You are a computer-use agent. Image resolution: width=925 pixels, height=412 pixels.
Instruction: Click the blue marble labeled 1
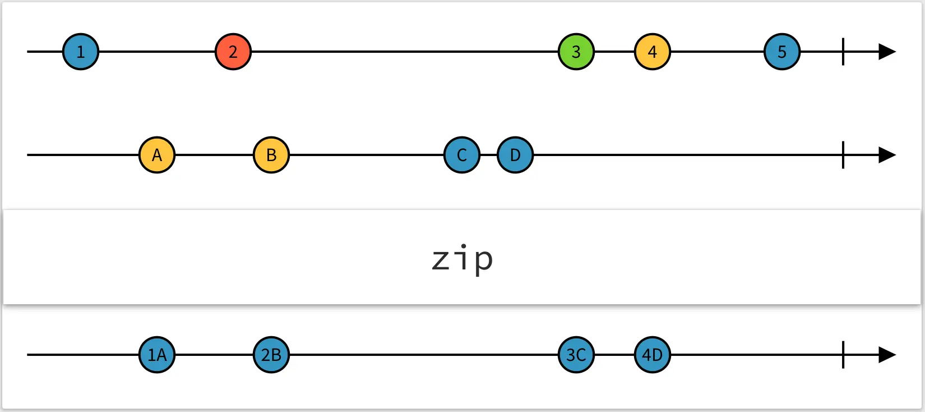[x=81, y=52]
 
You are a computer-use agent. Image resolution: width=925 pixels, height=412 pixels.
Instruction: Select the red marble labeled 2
[x=233, y=52]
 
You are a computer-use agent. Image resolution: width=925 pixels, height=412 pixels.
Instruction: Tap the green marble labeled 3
[x=576, y=52]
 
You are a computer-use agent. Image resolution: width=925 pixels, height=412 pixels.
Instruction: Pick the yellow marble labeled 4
[x=652, y=52]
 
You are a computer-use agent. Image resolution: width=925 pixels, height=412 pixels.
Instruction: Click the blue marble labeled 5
[x=782, y=52]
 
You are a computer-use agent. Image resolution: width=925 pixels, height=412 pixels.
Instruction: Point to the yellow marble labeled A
[x=157, y=155]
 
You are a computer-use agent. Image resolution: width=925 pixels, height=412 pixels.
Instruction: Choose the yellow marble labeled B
[x=271, y=155]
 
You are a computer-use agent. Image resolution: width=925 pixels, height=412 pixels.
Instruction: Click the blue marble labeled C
[x=462, y=155]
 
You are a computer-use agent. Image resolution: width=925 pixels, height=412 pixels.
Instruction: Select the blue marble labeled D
[x=515, y=155]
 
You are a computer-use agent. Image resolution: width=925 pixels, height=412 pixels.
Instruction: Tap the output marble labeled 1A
[x=157, y=355]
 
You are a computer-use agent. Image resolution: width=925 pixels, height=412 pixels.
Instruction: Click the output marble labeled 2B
[x=271, y=355]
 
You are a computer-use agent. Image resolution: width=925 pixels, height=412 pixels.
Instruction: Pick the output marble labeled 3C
[x=576, y=355]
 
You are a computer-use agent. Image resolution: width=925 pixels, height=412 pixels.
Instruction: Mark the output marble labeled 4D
[x=652, y=355]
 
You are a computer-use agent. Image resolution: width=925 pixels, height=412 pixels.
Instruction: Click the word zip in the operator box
[x=462, y=259]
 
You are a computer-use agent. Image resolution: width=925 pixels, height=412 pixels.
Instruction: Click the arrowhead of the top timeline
[x=886, y=52]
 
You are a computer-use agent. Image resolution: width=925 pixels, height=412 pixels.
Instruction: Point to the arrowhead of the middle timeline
[x=886, y=155]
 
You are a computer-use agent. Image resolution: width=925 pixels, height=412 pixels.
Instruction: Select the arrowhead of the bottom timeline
[x=886, y=355]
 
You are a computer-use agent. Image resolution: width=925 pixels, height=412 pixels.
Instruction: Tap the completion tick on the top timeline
[x=843, y=52]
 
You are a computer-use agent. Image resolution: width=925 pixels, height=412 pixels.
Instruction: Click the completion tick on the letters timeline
[x=843, y=155]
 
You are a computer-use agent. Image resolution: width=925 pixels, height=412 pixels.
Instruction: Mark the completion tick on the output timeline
[x=843, y=355]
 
